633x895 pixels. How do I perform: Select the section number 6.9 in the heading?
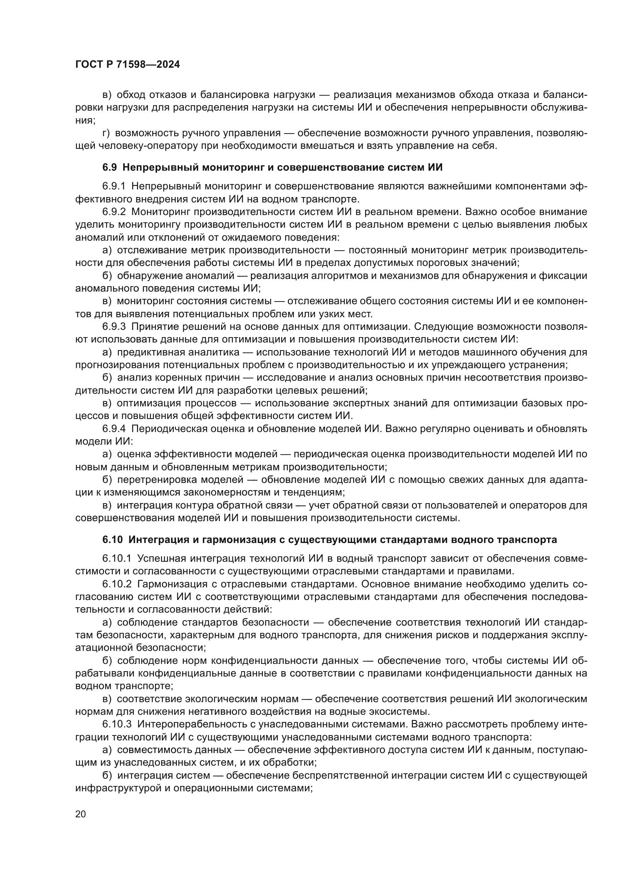point(109,168)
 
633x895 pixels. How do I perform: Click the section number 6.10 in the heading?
point(113,540)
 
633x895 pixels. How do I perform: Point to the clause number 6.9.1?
point(114,186)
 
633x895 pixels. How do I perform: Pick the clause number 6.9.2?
point(114,212)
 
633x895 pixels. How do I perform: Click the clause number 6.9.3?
point(114,327)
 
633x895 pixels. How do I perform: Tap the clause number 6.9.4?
point(114,429)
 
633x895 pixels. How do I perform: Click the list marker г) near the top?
point(106,133)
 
